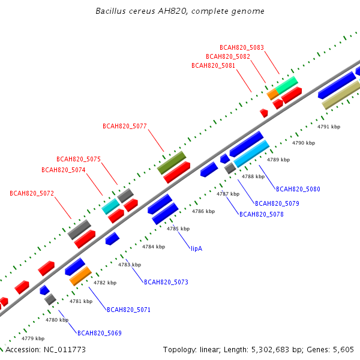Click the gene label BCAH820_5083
[242, 47]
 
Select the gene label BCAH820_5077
[125, 126]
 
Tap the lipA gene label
[197, 248]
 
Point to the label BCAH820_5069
[100, 333]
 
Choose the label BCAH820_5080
[298, 189]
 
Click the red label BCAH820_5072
[32, 193]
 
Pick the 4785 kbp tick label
[178, 229]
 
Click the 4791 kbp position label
[329, 127]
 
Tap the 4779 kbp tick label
[33, 338]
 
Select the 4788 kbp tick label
[253, 176]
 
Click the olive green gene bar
[172, 163]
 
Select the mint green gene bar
[287, 85]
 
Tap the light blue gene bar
[251, 154]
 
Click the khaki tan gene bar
[341, 95]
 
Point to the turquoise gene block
[110, 206]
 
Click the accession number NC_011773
[65, 350]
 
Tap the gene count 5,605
[343, 350]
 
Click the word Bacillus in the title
[110, 11]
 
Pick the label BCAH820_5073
[166, 282]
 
